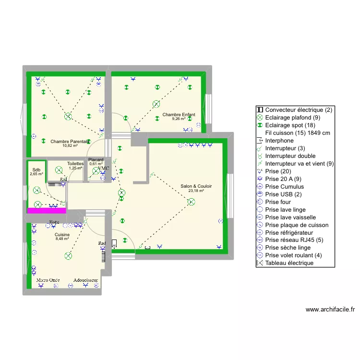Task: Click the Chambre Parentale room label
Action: [70, 142]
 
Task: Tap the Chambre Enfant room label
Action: [179, 115]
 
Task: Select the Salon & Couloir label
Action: [196, 186]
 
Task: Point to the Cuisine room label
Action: [62, 234]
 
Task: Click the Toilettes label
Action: [75, 164]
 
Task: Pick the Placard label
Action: [96, 160]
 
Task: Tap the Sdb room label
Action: [36, 169]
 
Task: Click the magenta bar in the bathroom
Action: [47, 210]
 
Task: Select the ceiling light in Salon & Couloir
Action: [192, 202]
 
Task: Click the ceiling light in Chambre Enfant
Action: [156, 104]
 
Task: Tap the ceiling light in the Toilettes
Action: [59, 169]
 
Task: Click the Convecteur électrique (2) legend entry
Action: [298, 110]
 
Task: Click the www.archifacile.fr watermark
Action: [330, 310]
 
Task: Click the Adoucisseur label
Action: [86, 280]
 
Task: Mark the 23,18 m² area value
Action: [196, 191]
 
